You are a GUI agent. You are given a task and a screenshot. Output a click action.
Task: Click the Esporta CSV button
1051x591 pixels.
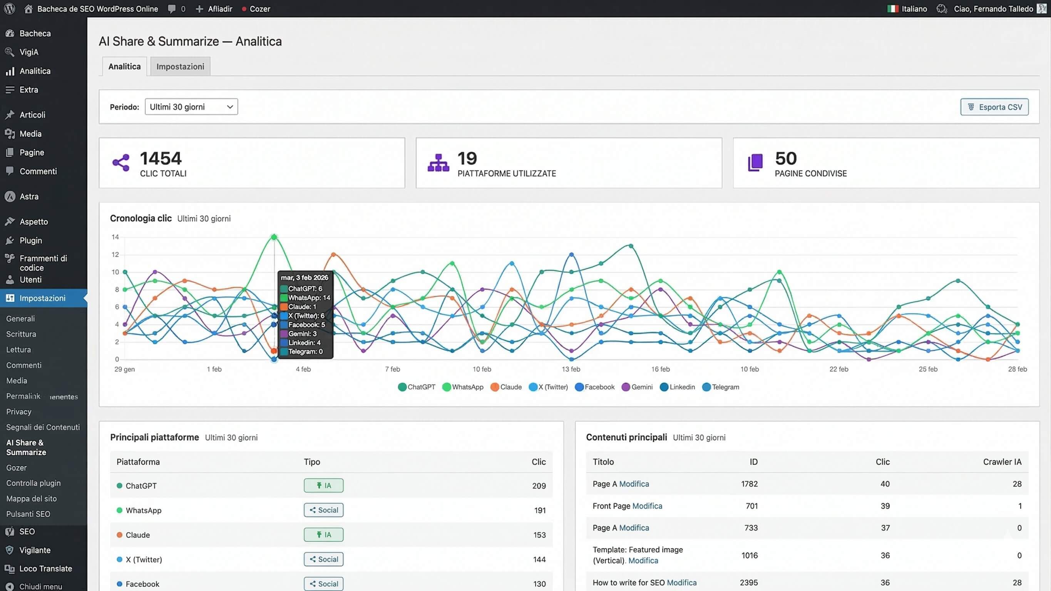[994, 107]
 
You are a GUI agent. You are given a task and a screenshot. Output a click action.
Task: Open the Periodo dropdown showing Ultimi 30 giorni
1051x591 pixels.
[191, 107]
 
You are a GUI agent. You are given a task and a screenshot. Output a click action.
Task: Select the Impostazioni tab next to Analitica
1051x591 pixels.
[180, 67]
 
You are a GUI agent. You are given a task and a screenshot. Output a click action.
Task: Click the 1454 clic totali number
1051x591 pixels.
[160, 158]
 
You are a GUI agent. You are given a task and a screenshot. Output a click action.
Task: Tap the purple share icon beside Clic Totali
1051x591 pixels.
[121, 162]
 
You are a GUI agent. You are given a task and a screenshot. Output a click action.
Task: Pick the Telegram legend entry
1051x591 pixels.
[721, 387]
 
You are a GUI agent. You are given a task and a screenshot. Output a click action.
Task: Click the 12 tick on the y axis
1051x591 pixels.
[115, 254]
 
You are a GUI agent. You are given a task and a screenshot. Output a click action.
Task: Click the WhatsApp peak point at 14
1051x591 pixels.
[274, 237]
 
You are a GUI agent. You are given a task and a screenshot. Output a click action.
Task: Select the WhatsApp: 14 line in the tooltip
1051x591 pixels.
[308, 298]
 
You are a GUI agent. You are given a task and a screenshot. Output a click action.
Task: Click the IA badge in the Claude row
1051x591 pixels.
[323, 534]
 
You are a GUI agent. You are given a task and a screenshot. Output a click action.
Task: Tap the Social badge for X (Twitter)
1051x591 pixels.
[323, 559]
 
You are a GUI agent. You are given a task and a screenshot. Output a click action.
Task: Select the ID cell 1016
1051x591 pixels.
[749, 555]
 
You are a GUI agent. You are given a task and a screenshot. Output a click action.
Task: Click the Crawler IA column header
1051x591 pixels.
[1002, 462]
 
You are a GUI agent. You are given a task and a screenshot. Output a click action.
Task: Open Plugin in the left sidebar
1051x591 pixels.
[30, 240]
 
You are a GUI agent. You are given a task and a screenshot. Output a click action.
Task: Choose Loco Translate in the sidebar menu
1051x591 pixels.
[45, 568]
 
